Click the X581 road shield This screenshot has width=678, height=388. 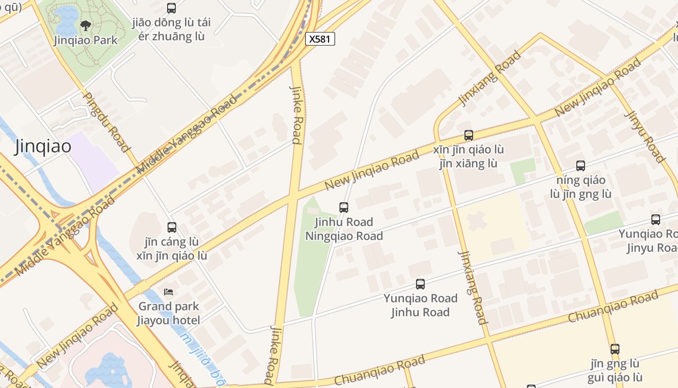[x=320, y=39]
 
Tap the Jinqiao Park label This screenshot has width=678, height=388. [x=86, y=40]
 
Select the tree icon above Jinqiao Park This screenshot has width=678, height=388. [x=86, y=25]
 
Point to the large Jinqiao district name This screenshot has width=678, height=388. [x=43, y=146]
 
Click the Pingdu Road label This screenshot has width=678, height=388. [x=107, y=122]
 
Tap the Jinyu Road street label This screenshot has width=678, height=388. [x=645, y=136]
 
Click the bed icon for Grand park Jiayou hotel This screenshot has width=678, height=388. [x=169, y=291]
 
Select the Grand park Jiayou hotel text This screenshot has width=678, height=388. [x=169, y=313]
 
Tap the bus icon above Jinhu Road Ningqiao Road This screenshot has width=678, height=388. [x=344, y=208]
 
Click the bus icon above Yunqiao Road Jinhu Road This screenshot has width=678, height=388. [x=420, y=284]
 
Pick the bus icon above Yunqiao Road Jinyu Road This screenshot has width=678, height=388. [x=656, y=220]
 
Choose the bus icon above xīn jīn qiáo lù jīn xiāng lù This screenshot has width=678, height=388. [x=468, y=135]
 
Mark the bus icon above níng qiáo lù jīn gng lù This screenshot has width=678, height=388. [x=581, y=166]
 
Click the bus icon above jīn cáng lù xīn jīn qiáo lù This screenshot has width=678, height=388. [x=172, y=227]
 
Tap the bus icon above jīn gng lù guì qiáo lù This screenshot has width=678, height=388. [x=615, y=349]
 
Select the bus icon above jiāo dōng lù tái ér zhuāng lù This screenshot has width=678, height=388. [x=171, y=8]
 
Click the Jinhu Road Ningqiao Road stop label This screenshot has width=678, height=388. [x=344, y=229]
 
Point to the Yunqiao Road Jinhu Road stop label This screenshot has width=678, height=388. [x=420, y=305]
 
